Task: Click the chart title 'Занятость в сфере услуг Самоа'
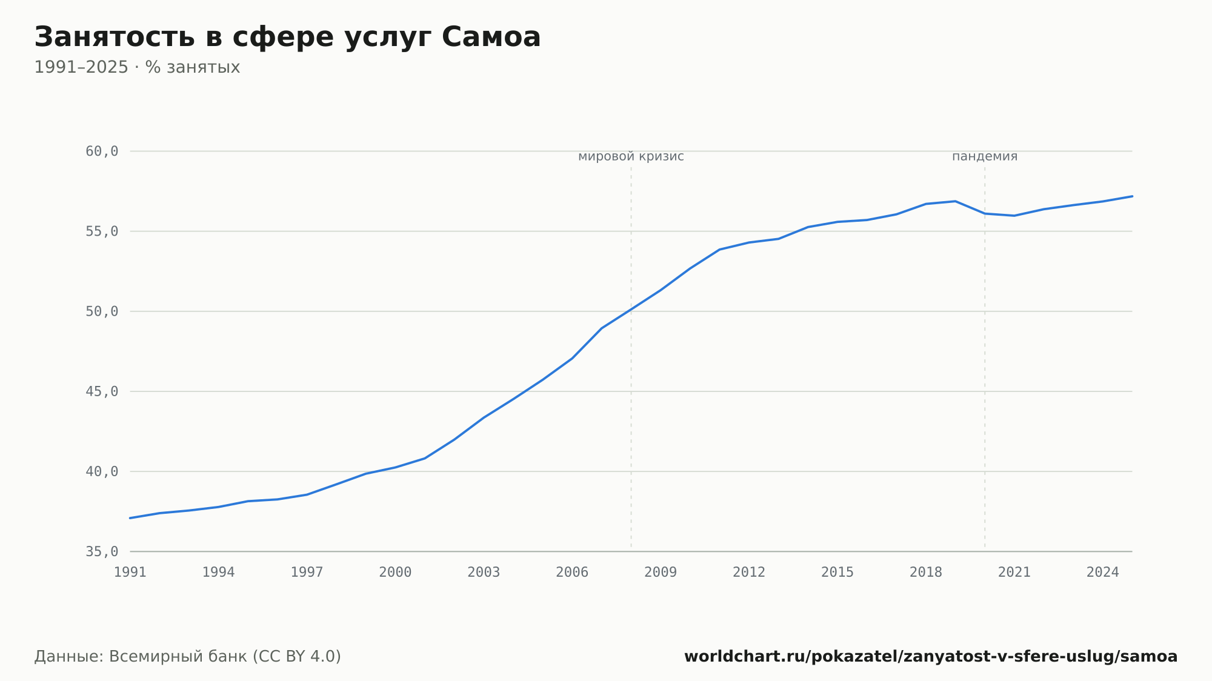tap(287, 38)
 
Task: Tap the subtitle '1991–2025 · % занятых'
tap(137, 67)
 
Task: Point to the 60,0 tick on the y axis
tap(102, 151)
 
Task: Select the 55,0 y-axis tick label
tap(102, 231)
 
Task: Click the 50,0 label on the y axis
tap(102, 311)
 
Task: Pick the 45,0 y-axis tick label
tap(102, 391)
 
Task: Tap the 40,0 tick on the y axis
tap(102, 471)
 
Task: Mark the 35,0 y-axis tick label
tap(102, 551)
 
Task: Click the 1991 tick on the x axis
tap(130, 573)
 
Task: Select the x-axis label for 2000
tap(395, 573)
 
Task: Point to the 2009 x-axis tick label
tap(661, 573)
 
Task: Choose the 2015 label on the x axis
tap(837, 573)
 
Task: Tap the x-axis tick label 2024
tap(1103, 573)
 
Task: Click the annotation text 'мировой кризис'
tap(631, 156)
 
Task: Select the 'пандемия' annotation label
tap(985, 156)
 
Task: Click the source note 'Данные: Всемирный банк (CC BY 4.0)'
tap(188, 656)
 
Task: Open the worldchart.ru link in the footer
tap(931, 656)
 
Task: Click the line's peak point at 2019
tap(956, 201)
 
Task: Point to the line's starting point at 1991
tap(130, 518)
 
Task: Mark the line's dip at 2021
tap(1014, 216)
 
